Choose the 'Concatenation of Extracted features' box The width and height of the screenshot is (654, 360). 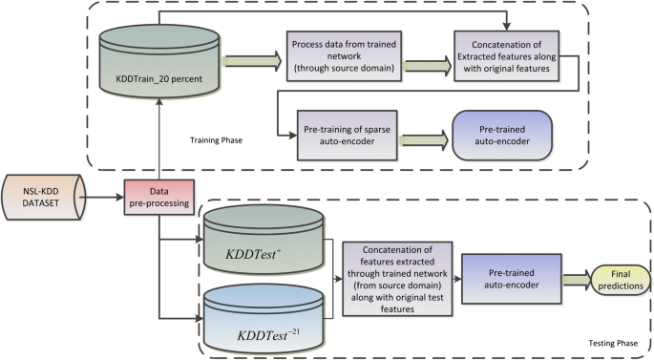tap(501, 59)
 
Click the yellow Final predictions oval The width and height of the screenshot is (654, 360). tap(622, 279)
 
